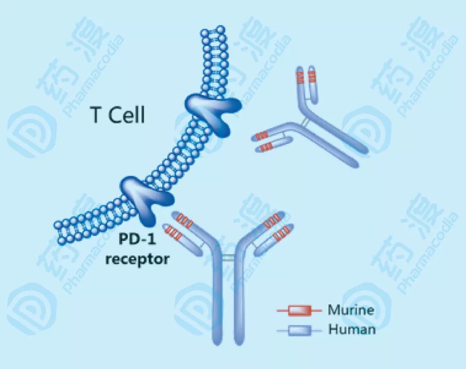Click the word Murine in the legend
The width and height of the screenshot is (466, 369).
click(351, 310)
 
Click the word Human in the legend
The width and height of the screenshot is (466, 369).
click(352, 330)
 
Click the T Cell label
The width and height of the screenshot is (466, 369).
click(117, 116)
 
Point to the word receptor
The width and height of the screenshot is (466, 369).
click(137, 260)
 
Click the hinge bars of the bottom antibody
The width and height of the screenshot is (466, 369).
click(228, 258)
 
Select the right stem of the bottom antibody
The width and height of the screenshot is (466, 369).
click(239, 302)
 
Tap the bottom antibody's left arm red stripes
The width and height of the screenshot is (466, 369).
click(179, 226)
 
